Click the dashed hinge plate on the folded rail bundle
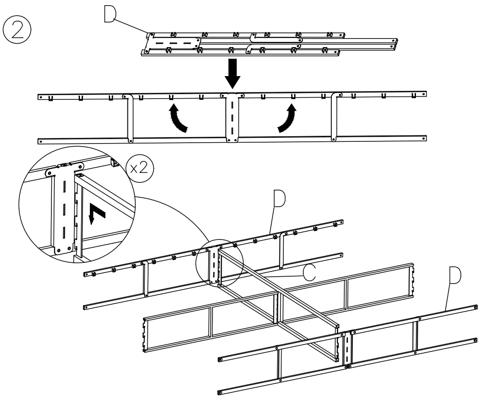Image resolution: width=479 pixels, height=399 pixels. tap(173, 44)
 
